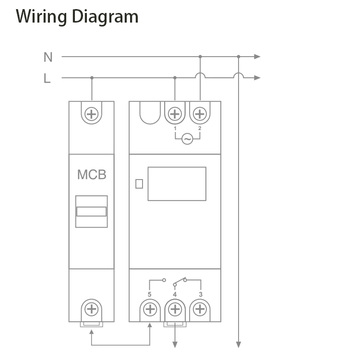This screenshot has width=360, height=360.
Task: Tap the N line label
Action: (48, 57)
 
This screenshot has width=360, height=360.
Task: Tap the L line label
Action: (47, 78)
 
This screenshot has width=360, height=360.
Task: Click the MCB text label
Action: (92, 175)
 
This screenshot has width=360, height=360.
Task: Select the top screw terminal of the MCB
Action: (91, 114)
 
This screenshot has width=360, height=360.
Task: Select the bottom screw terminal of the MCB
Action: (91, 308)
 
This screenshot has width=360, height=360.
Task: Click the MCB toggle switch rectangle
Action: (91, 212)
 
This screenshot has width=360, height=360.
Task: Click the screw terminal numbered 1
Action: (175, 114)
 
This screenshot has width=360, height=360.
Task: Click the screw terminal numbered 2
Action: (199, 114)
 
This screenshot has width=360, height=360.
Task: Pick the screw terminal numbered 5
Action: (150, 309)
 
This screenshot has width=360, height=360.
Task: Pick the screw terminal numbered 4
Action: (175, 309)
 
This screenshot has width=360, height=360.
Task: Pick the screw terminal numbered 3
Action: (200, 309)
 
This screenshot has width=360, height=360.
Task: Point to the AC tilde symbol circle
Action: (187, 140)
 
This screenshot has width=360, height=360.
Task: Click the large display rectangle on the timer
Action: (177, 184)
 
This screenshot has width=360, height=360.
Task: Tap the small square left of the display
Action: (139, 183)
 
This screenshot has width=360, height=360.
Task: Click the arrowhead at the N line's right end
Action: (257, 57)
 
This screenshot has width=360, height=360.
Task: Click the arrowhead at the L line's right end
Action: (257, 78)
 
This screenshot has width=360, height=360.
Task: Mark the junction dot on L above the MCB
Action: (92, 78)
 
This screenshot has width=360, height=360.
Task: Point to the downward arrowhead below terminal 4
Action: (175, 344)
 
